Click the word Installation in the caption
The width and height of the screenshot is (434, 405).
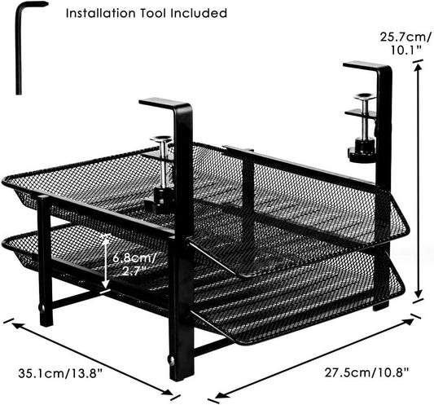(99, 14)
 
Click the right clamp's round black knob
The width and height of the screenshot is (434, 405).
(357, 152)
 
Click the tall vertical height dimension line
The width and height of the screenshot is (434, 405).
(419, 183)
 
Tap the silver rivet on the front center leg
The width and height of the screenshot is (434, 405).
(171, 358)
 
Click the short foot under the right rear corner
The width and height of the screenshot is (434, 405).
(379, 306)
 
